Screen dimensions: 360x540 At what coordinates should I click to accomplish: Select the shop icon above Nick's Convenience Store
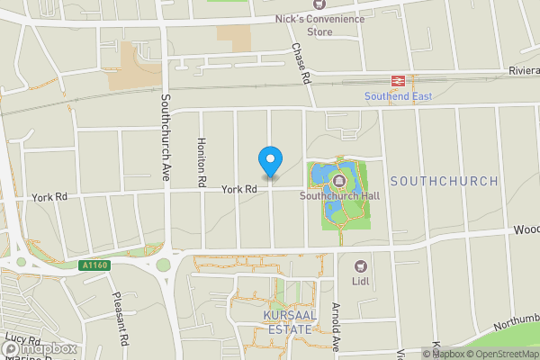point(317,4)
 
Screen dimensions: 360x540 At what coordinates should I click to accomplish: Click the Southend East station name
point(394,96)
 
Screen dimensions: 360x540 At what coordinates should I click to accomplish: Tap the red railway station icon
point(397,81)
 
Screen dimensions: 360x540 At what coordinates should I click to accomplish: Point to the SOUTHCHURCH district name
point(444,181)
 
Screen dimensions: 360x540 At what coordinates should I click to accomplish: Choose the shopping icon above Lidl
point(362,265)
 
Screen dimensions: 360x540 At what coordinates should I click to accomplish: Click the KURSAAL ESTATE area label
point(287,322)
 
